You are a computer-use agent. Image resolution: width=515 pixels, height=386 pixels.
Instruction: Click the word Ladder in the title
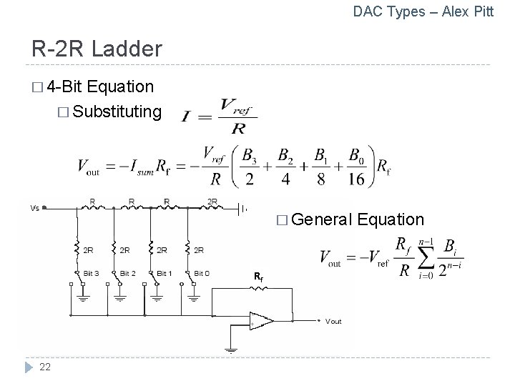pos(128,49)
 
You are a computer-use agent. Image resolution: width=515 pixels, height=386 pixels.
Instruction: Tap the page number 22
pos(44,367)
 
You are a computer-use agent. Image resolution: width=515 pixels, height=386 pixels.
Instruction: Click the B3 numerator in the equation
pos(250,155)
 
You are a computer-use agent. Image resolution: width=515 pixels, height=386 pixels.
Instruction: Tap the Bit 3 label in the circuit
pos(92,273)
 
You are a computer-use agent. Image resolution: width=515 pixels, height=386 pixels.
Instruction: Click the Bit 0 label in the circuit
pos(201,273)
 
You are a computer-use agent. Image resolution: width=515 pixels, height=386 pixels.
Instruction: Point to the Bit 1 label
pos(164,273)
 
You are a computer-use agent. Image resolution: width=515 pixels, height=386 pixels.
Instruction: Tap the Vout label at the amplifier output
pos(333,322)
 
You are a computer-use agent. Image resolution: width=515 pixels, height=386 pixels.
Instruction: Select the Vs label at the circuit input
pos(35,208)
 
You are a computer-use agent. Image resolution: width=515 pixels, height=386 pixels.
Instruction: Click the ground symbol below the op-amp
pos(230,350)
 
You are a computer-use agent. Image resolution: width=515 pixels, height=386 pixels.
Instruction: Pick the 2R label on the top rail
pos(212,202)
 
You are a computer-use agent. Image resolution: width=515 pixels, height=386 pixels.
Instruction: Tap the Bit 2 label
pos(128,273)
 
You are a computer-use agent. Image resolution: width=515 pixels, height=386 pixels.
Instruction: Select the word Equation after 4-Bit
pos(122,86)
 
